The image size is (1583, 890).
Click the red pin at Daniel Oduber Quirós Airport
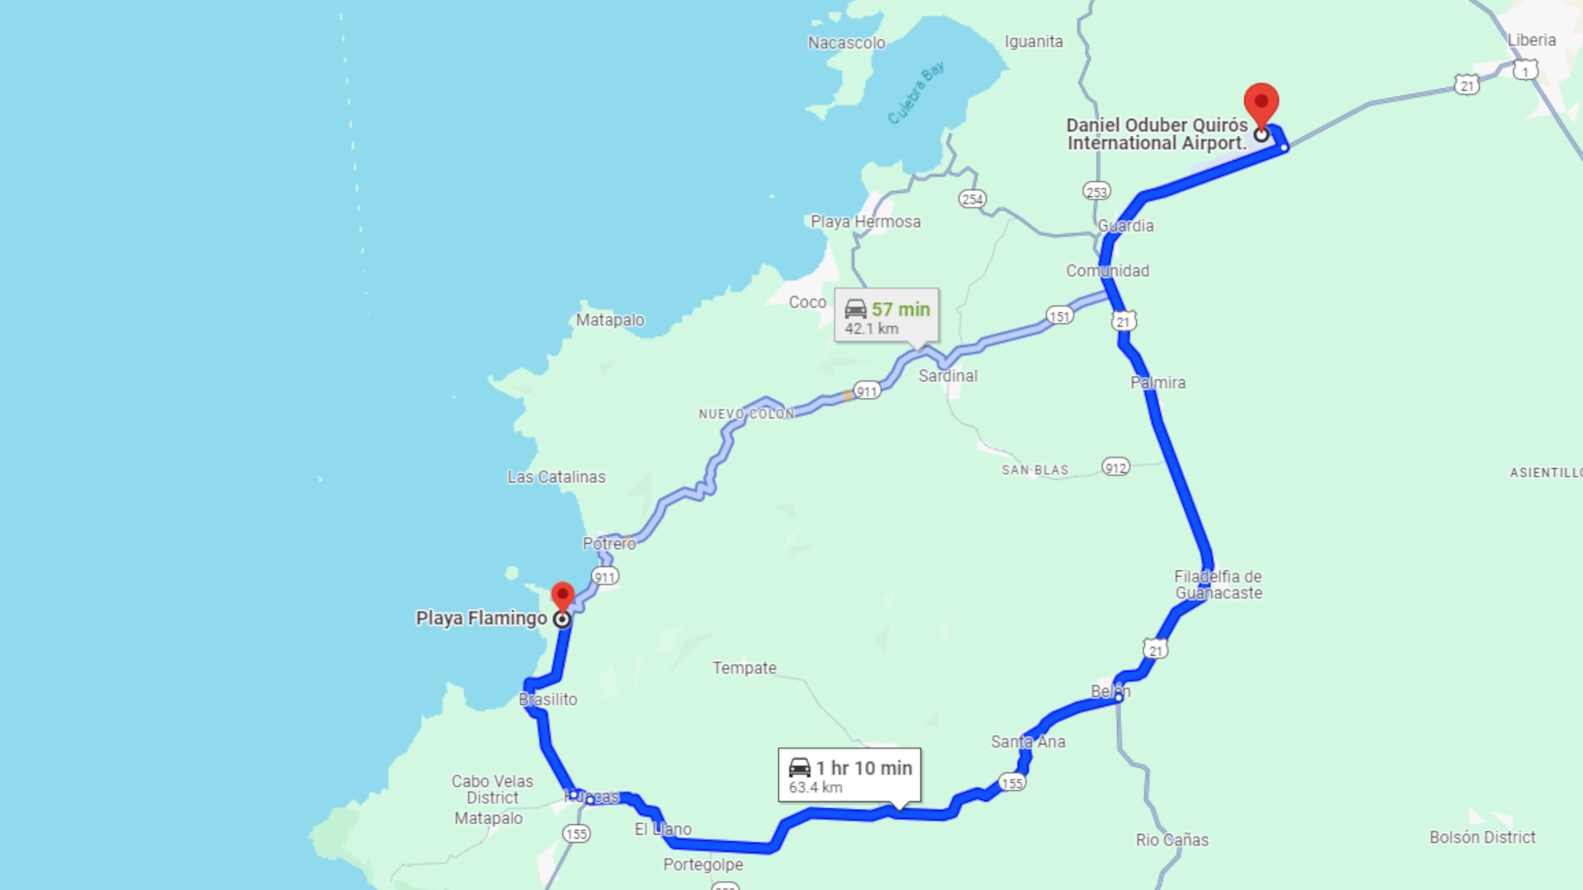pyautogui.click(x=1261, y=105)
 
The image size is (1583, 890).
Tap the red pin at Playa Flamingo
pyautogui.click(x=562, y=596)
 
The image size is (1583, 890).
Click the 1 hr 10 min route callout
pyautogui.click(x=849, y=775)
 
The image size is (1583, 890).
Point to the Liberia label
pyautogui.click(x=1531, y=40)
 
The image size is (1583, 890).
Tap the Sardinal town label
pyautogui.click(x=948, y=376)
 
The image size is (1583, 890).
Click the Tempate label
pyautogui.click(x=745, y=667)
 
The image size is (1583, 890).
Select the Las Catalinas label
pyautogui.click(x=557, y=476)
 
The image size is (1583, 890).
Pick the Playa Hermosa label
pyautogui.click(x=866, y=222)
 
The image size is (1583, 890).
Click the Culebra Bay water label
pyautogui.click(x=915, y=93)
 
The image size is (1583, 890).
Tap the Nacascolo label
pyautogui.click(x=846, y=43)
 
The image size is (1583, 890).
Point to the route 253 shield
pyautogui.click(x=1097, y=192)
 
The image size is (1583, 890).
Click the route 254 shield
pyautogui.click(x=972, y=199)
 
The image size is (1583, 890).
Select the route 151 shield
pyautogui.click(x=1059, y=316)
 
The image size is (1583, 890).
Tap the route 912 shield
pyautogui.click(x=1116, y=468)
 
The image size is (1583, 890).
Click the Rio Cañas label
pyautogui.click(x=1172, y=840)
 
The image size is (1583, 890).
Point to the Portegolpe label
pyautogui.click(x=703, y=864)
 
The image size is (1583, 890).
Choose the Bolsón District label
pyautogui.click(x=1482, y=837)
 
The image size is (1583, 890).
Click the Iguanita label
pyautogui.click(x=1033, y=41)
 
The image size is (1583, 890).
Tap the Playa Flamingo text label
pyautogui.click(x=481, y=618)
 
